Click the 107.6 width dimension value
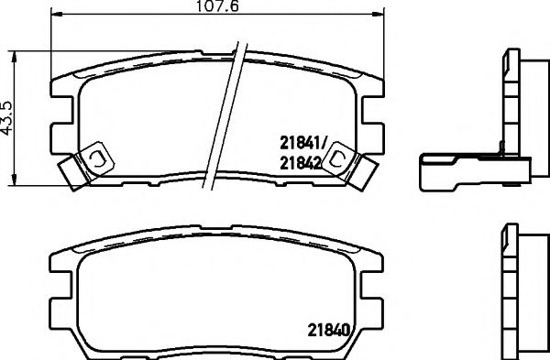click(x=217, y=8)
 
